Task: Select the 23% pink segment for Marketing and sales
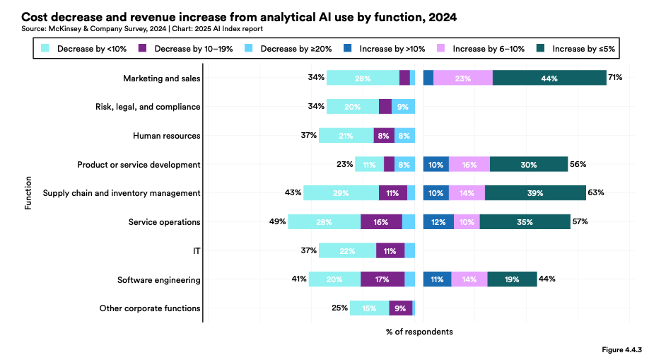pos(463,78)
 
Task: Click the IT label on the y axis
pos(196,251)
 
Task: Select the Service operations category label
pos(164,222)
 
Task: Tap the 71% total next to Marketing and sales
pos(615,77)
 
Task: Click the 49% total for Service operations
pos(277,222)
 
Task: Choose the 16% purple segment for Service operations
pos(381,222)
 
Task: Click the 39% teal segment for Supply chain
pos(535,193)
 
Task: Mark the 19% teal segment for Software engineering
pos(512,279)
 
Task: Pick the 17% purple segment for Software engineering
pos(382,279)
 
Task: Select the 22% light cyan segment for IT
pos(347,251)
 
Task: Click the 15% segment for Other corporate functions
pos(369,308)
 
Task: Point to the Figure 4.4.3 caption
pos(621,349)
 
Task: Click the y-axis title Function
pos(28,193)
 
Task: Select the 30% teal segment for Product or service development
pos(528,165)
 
